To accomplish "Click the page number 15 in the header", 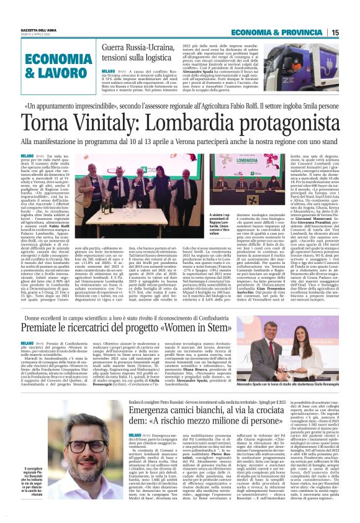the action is (352, 32).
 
